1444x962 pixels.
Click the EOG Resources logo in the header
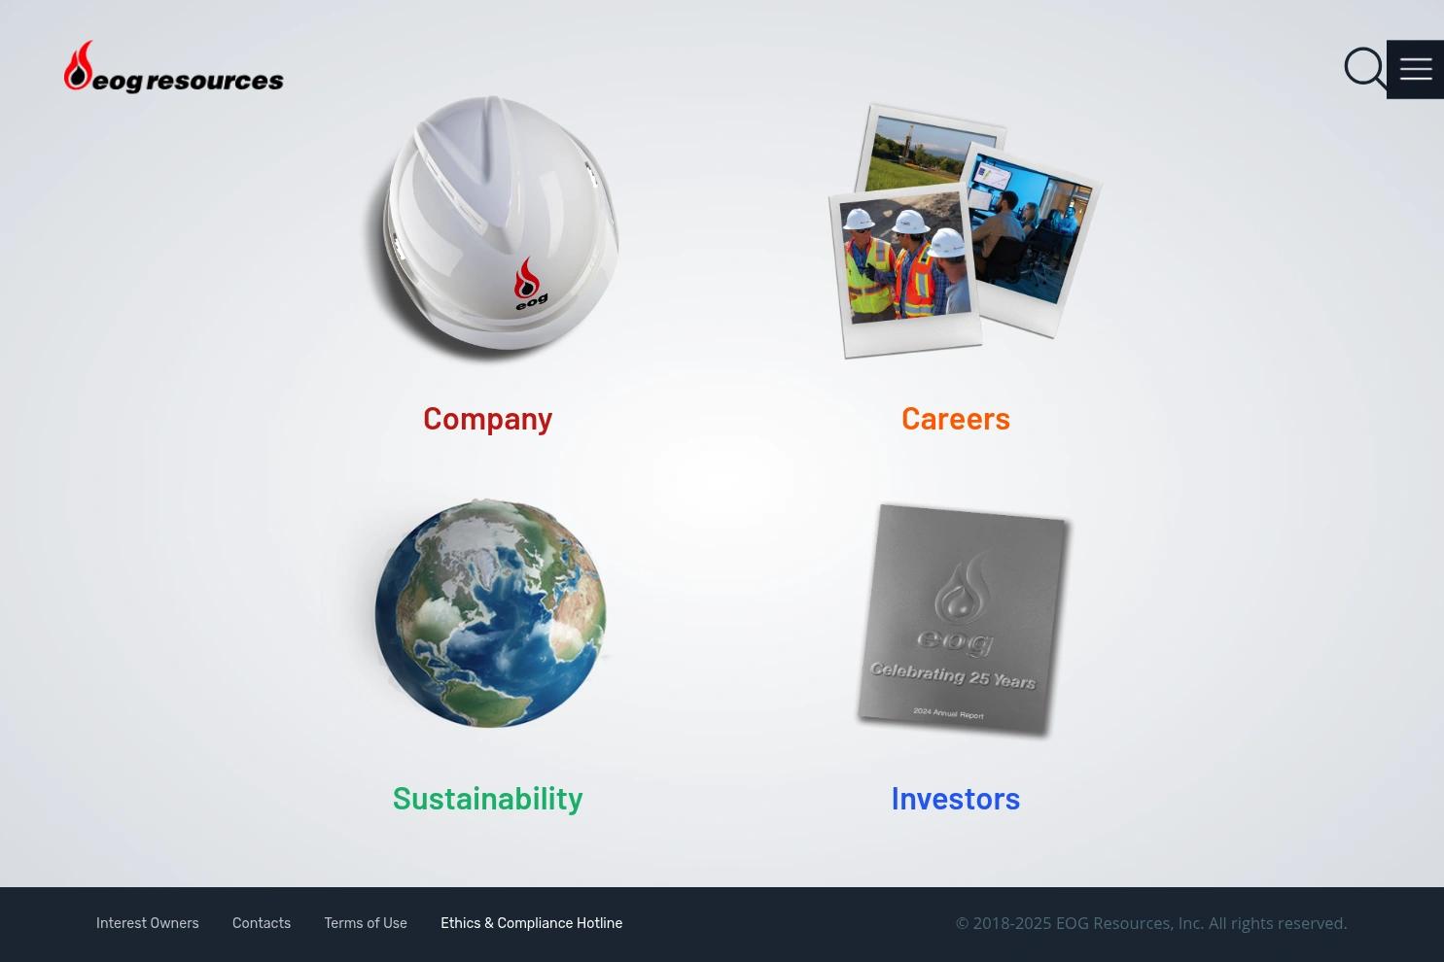pyautogui.click(x=173, y=67)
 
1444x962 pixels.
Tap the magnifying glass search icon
pyautogui.click(x=1364, y=68)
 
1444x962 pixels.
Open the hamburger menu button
pyautogui.click(x=1415, y=69)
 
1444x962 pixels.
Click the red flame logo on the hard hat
pyautogui.click(x=527, y=278)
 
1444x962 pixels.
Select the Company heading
pyautogui.click(x=487, y=420)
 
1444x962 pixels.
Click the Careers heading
pyautogui.click(x=955, y=419)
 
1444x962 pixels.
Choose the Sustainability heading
pyautogui.click(x=487, y=799)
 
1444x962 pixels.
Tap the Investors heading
pyautogui.click(x=955, y=799)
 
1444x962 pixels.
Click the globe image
pyautogui.click(x=490, y=613)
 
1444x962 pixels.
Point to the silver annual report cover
pyautogui.click(x=963, y=620)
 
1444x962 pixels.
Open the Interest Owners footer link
pyautogui.click(x=148, y=923)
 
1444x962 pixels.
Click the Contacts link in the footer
pyautogui.click(x=262, y=923)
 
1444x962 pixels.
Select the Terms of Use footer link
pyautogui.click(x=366, y=923)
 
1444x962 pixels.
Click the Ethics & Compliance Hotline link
pyautogui.click(x=532, y=923)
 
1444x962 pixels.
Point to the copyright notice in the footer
pyautogui.click(x=1151, y=923)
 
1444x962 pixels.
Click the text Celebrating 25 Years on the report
pyautogui.click(x=953, y=676)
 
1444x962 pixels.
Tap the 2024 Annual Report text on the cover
pyautogui.click(x=948, y=713)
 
